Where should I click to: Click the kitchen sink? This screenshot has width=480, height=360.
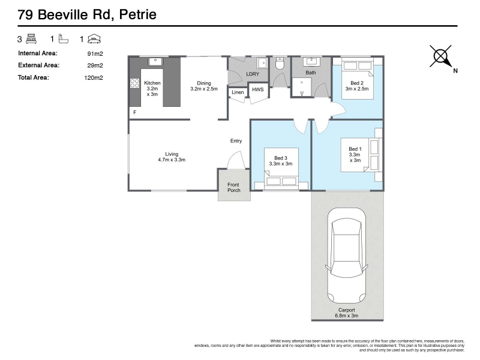tap(155, 61)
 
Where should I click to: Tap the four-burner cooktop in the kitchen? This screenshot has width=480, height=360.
tap(134, 83)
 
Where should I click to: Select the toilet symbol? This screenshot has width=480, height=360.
tap(280, 64)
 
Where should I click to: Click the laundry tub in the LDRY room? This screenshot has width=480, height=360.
tap(262, 63)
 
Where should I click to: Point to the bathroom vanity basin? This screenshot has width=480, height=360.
tap(311, 61)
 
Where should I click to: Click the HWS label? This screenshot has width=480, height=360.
tap(258, 89)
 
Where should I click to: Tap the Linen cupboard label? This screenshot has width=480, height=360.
tap(238, 92)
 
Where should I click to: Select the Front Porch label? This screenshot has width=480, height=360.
tap(233, 187)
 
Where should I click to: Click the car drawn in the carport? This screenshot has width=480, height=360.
tap(346, 256)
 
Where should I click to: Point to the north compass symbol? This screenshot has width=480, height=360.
tap(441, 56)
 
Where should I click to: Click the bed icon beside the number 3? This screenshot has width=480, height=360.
tap(32, 39)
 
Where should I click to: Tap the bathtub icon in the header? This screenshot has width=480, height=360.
tap(64, 39)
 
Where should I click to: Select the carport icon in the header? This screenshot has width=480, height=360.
tap(94, 39)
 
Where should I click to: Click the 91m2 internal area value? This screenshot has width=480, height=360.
tap(95, 54)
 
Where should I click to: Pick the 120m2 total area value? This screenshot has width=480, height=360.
tap(94, 78)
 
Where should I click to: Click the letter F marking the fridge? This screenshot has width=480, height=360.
tap(134, 112)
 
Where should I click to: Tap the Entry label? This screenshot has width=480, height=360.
tap(236, 141)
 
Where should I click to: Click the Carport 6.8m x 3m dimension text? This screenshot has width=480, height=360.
tap(347, 313)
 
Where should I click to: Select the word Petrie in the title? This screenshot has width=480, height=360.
tap(138, 14)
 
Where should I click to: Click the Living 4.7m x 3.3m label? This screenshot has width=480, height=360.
tap(172, 157)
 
